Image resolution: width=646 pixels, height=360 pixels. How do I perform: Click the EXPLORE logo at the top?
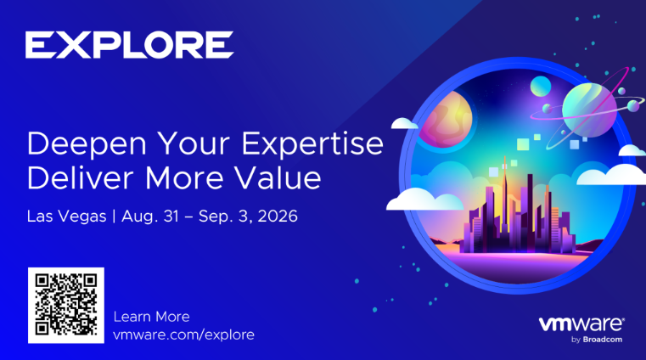(129, 44)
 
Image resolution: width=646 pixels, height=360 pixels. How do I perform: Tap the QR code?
(66, 305)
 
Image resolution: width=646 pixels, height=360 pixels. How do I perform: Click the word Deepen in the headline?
(87, 144)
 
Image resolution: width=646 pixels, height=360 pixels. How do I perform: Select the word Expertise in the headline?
(312, 144)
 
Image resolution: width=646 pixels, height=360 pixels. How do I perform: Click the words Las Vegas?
(67, 217)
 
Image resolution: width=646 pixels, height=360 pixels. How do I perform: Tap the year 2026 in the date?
(278, 216)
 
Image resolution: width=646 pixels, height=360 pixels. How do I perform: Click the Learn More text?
(152, 317)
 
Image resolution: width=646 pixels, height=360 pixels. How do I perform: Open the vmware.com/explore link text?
(183, 335)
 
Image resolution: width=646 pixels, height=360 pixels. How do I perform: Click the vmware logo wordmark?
(581, 324)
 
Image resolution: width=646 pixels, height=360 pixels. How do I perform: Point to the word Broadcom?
(603, 340)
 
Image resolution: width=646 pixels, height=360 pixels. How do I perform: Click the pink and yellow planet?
(446, 120)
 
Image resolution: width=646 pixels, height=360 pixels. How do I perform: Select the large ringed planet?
(590, 110)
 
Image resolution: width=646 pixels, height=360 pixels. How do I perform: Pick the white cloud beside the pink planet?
(405, 123)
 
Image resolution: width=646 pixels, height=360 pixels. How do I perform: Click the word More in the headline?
(183, 178)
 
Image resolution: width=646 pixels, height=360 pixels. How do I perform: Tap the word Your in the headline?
(194, 144)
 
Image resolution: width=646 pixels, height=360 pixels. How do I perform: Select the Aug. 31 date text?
(150, 217)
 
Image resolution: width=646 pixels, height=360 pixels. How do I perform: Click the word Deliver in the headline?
(81, 178)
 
